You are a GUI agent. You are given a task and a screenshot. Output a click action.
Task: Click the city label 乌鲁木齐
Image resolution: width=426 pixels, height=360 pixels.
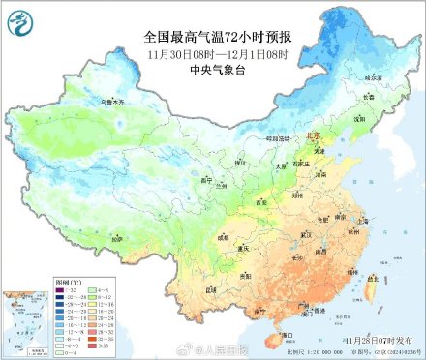point(88,101)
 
